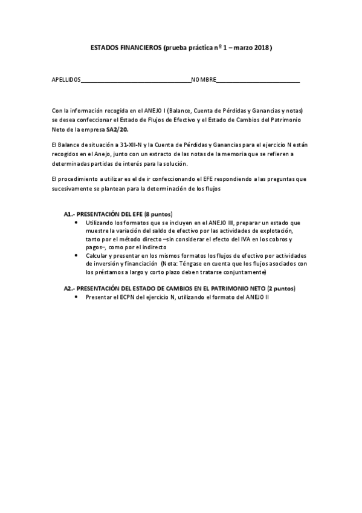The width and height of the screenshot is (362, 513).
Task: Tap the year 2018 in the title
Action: [x=261, y=48]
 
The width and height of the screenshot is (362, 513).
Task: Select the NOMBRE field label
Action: [x=203, y=81]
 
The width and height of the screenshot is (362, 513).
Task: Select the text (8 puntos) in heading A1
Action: [x=159, y=215]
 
